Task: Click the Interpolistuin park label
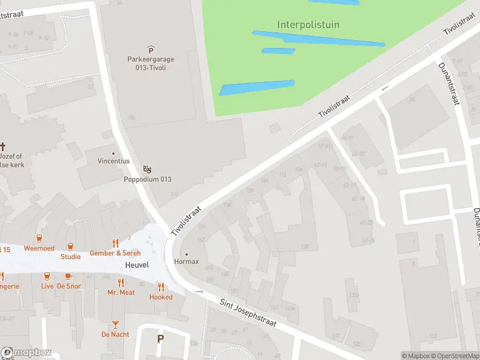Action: coord(308,25)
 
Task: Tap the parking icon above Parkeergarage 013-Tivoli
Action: coord(151,50)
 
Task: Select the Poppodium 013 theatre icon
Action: coord(148,170)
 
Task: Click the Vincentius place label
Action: coord(113,161)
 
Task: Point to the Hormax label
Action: coord(185,262)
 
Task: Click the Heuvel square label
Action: coord(136,265)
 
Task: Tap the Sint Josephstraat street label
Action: coord(247,313)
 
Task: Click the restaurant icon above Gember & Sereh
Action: coord(116,244)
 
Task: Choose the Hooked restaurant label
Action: coord(161,297)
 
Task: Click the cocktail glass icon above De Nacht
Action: coord(115,325)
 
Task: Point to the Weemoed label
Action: coord(39,248)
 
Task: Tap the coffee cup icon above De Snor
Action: coord(68,277)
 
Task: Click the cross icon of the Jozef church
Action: coord(3,146)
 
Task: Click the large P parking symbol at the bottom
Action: coord(160,338)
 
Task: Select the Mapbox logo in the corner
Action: coord(26,353)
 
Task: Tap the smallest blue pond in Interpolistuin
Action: coord(278,51)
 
